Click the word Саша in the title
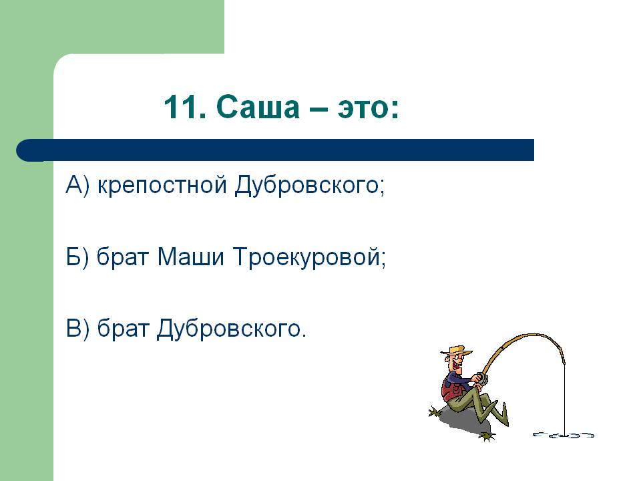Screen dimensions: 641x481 pyautogui.click(x=258, y=107)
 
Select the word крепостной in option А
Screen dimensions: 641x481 pyautogui.click(x=162, y=185)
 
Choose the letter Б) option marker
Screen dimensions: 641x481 pyautogui.click(x=77, y=257)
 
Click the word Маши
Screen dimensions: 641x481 pyautogui.click(x=190, y=257)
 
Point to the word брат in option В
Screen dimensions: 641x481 pyautogui.click(x=122, y=329)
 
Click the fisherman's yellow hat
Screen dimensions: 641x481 pyautogui.click(x=456, y=351)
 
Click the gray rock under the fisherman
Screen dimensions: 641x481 pyautogui.click(x=464, y=421)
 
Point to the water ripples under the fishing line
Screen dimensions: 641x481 pyautogui.click(x=564, y=435)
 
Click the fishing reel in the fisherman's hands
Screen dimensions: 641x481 pyautogui.click(x=482, y=378)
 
